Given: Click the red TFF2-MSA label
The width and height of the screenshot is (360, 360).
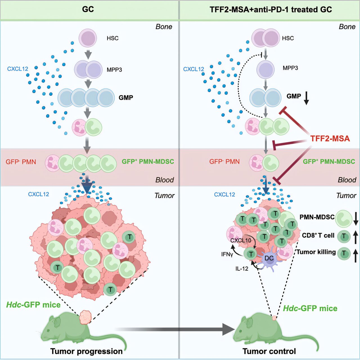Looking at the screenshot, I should (330, 138).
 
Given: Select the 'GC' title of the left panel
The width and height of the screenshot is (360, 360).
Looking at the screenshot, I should (88, 9).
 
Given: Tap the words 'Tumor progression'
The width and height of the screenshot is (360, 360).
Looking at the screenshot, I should (86, 351).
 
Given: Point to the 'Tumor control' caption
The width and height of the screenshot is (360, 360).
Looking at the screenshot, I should (269, 351).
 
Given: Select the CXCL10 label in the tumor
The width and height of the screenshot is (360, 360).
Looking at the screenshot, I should (240, 240).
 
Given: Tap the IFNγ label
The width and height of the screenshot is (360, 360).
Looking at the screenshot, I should (227, 255).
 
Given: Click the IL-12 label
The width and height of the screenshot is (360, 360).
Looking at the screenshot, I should (242, 269).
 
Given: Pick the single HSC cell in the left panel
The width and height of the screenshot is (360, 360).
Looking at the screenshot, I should (87, 38).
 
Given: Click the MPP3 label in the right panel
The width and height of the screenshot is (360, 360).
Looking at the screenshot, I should (290, 68).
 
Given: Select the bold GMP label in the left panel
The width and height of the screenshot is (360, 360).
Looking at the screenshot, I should (126, 98).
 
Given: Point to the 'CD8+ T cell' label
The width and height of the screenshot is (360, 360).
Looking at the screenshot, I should (318, 235).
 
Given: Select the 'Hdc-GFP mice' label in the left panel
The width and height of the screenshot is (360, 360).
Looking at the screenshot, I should (33, 305).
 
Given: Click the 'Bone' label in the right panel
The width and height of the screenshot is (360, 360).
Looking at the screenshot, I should (347, 27).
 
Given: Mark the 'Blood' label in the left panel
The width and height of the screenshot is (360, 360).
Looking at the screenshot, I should (165, 180).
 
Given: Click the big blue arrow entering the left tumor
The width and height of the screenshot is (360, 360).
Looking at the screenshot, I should (88, 186).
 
